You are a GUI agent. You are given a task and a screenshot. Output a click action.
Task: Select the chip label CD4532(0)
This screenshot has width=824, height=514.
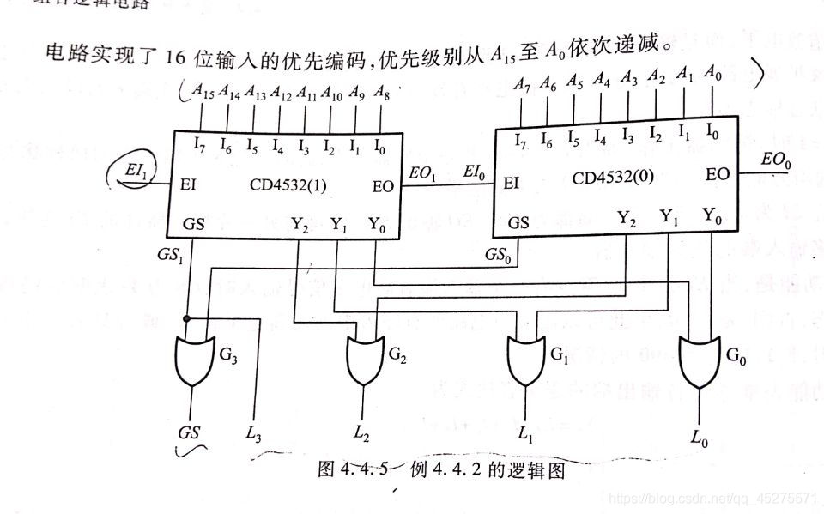(611, 178)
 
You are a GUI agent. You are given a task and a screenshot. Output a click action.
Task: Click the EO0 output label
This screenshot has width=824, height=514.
(775, 160)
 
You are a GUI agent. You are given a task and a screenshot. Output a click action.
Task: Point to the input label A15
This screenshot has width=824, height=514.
(203, 92)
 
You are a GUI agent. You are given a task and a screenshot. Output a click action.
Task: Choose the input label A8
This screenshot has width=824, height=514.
(382, 92)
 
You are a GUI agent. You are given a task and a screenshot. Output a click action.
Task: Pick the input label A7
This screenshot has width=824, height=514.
(523, 83)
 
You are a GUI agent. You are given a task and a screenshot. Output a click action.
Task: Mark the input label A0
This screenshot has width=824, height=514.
(712, 73)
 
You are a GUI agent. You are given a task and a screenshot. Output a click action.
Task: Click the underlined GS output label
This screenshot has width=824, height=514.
(190, 432)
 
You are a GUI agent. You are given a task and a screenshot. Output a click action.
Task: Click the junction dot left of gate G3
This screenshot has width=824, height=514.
(185, 317)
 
